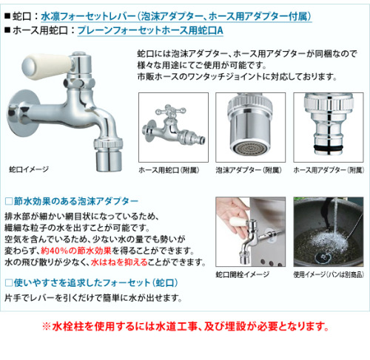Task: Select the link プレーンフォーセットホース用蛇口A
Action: point(150,30)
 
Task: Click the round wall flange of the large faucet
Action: point(23,113)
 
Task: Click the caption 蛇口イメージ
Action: point(29,169)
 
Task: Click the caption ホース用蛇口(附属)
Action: point(169,170)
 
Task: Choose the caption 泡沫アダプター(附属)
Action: point(249,170)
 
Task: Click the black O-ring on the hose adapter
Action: point(328,148)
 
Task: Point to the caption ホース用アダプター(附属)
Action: point(329,170)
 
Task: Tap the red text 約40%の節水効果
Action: point(76,251)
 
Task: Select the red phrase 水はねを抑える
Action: point(119,262)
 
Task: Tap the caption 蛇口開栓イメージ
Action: point(243,274)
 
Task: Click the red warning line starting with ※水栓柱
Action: point(186,327)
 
